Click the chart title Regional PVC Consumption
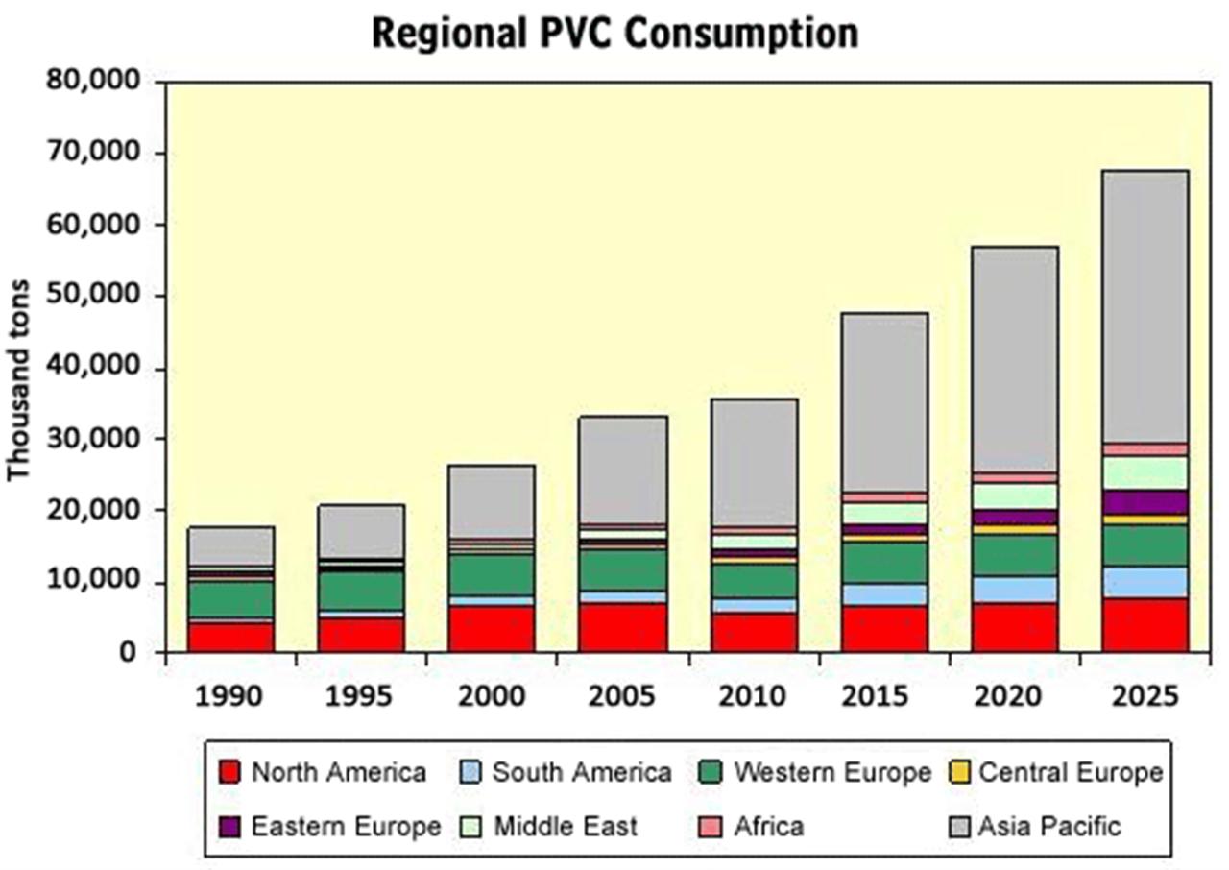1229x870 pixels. coord(614,33)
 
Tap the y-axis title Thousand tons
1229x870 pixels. coord(19,380)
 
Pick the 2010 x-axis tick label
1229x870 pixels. coord(754,695)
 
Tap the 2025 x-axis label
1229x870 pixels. coord(1145,695)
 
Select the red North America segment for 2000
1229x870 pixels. coord(492,628)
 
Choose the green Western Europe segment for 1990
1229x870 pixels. coord(230,599)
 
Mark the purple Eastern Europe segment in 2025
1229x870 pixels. coord(1145,502)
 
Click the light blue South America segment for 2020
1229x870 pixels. coord(1014,589)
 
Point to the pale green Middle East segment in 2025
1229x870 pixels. coord(1145,472)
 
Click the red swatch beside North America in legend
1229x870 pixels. coord(229,772)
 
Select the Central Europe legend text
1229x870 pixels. coord(1071,772)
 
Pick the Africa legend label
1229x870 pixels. coord(768,826)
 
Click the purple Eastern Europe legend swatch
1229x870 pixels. coord(229,826)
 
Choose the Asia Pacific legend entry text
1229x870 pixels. coord(1049,826)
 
